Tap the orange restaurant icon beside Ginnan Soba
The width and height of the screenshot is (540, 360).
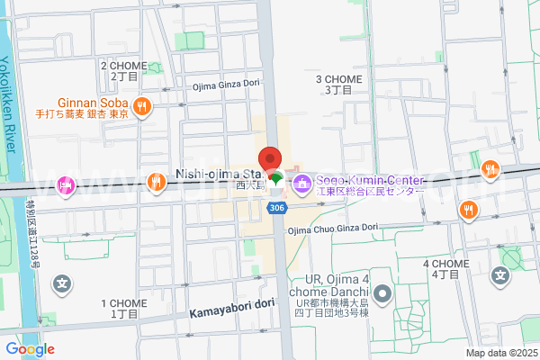click(x=141, y=108)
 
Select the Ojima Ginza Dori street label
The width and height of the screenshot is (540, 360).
click(x=227, y=86)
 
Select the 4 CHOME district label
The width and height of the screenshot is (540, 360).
click(x=446, y=267)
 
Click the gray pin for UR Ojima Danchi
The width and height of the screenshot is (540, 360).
click(x=382, y=293)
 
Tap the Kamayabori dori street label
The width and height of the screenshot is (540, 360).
click(x=231, y=305)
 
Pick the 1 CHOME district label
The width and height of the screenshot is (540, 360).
click(x=124, y=309)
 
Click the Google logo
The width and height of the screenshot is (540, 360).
click(x=30, y=349)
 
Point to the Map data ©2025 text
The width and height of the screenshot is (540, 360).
click(x=500, y=352)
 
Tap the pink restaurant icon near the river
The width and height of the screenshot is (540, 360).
click(x=65, y=185)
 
